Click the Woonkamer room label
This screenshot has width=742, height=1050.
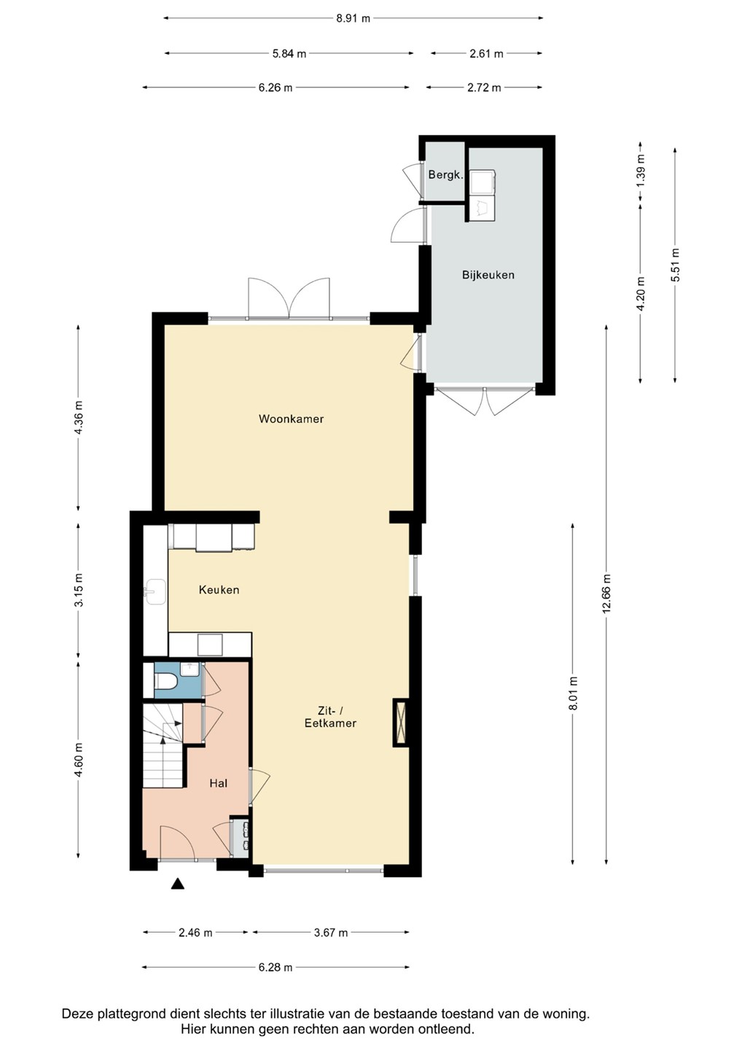pos(291,419)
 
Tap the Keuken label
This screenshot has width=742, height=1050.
pos(219,590)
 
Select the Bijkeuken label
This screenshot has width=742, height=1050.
pos(488,275)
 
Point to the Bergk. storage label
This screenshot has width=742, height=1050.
pos(445,175)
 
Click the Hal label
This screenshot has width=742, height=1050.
pos(218,783)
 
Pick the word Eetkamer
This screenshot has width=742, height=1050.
pos(330,723)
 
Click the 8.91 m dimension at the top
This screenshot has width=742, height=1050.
pos(353,18)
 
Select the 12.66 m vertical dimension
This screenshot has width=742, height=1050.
pos(606,594)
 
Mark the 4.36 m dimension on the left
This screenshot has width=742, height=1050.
pos(78,417)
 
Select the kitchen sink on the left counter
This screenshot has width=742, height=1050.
pos(155,591)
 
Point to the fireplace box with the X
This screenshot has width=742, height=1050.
pos(400,723)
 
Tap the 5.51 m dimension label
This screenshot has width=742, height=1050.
pos(675,265)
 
